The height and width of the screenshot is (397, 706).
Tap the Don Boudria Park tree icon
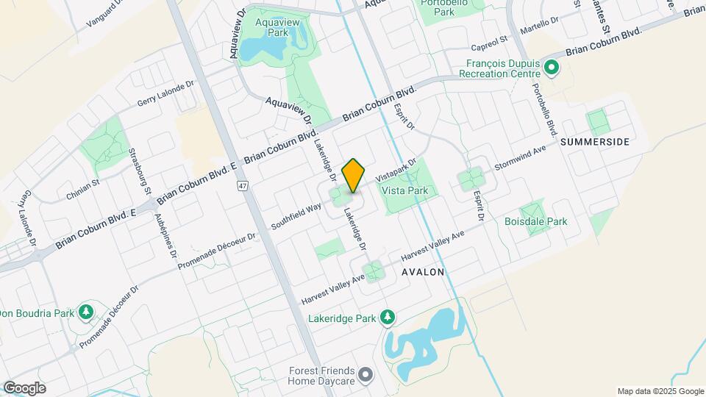click(x=86, y=312)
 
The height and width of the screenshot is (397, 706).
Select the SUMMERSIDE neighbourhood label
click(x=595, y=142)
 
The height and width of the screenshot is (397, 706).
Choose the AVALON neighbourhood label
click(x=423, y=272)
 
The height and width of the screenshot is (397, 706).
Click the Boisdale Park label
click(x=535, y=221)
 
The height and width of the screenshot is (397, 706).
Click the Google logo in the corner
click(x=24, y=388)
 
